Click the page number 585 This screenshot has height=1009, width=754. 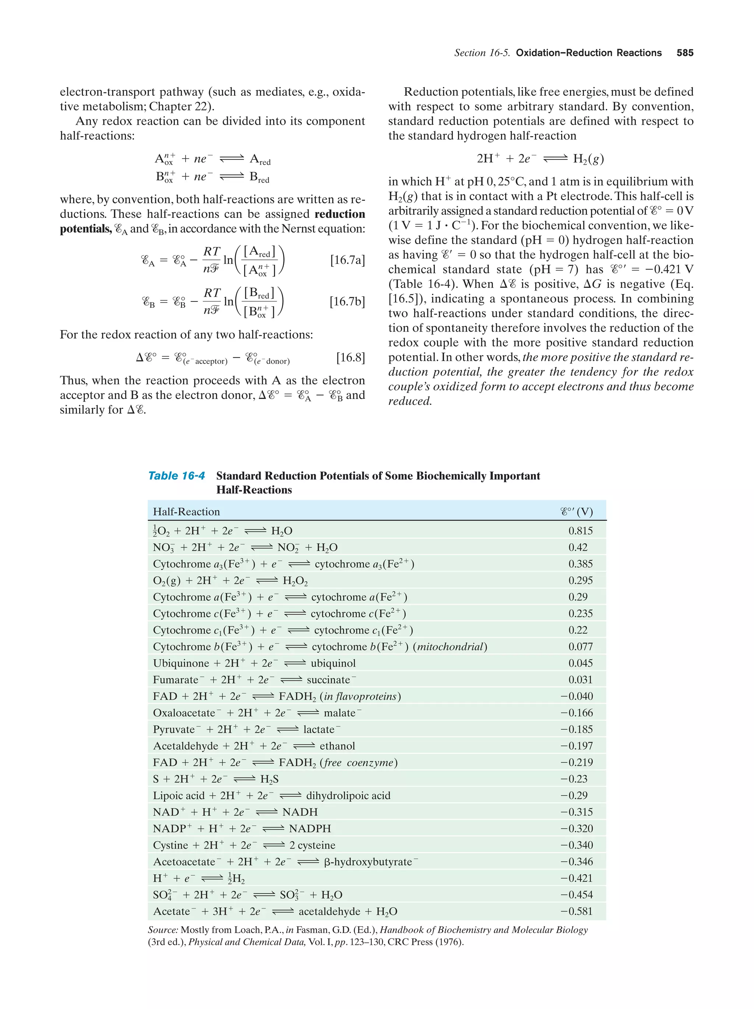pyautogui.click(x=685, y=53)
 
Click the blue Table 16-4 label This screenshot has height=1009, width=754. pyautogui.click(x=176, y=476)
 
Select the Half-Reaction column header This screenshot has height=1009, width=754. pyautogui.click(x=186, y=512)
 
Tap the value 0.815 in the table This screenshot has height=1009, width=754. pyautogui.click(x=580, y=531)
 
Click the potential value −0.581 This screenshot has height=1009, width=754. pyautogui.click(x=577, y=911)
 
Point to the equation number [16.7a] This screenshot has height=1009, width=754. pyautogui.click(x=347, y=260)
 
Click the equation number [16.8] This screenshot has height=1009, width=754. pyautogui.click(x=350, y=357)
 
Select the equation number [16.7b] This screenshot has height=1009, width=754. pyautogui.click(x=347, y=301)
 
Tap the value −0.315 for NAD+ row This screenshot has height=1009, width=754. pyautogui.click(x=577, y=812)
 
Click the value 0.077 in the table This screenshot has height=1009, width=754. pyautogui.click(x=580, y=647)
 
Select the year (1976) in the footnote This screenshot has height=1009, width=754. pyautogui.click(x=448, y=942)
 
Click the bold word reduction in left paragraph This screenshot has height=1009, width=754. pyautogui.click(x=340, y=214)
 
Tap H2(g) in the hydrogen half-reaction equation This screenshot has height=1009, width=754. pyautogui.click(x=588, y=159)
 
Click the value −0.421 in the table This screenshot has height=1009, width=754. pyautogui.click(x=577, y=878)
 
